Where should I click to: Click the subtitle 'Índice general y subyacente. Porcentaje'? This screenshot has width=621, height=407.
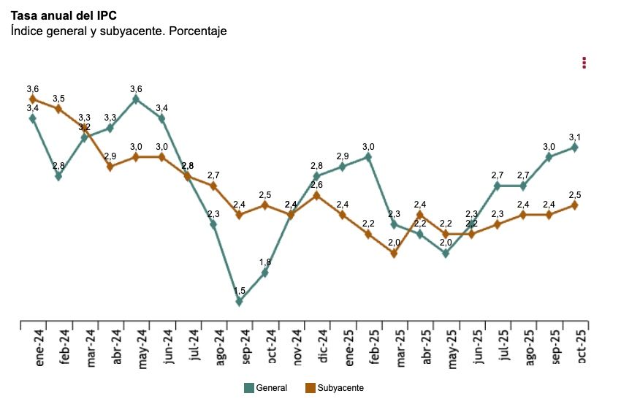point(118,31)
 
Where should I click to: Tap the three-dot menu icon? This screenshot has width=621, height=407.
point(584,63)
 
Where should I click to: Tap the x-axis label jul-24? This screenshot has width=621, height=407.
point(194,346)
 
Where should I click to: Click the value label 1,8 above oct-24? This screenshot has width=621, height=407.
point(265,262)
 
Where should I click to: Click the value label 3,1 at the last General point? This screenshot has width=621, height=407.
point(575,137)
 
